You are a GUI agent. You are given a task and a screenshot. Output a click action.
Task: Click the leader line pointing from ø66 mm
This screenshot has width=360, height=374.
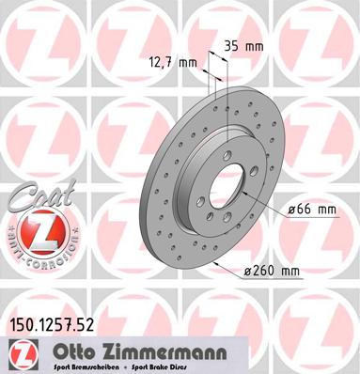pos(268,209)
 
